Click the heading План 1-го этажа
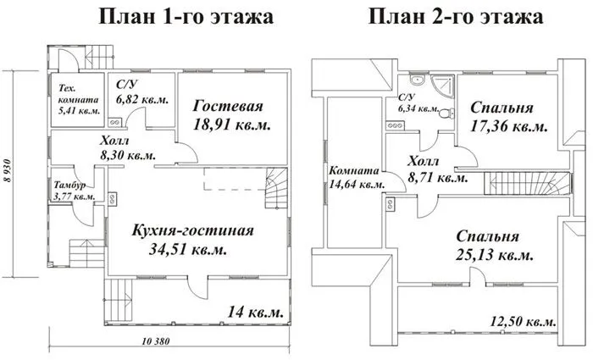click(x=186, y=17)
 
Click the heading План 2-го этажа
click(x=456, y=17)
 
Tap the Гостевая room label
click(x=228, y=106)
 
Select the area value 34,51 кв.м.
click(x=188, y=249)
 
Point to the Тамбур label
click(x=69, y=185)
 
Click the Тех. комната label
click(x=78, y=94)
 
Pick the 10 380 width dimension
click(x=156, y=341)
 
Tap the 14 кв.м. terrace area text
click(x=255, y=313)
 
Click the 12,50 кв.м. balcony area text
click(x=524, y=322)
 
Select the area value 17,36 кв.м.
click(x=508, y=126)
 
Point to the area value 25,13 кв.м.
click(x=495, y=255)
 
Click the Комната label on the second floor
click(x=353, y=171)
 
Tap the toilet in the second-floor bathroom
click(x=447, y=113)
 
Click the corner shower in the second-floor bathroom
click(x=441, y=86)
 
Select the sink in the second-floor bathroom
click(x=417, y=80)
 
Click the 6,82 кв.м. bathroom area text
click(x=142, y=100)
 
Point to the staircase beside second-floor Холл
click(x=527, y=184)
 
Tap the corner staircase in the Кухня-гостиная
click(x=275, y=188)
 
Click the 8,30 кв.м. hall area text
click(x=128, y=155)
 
